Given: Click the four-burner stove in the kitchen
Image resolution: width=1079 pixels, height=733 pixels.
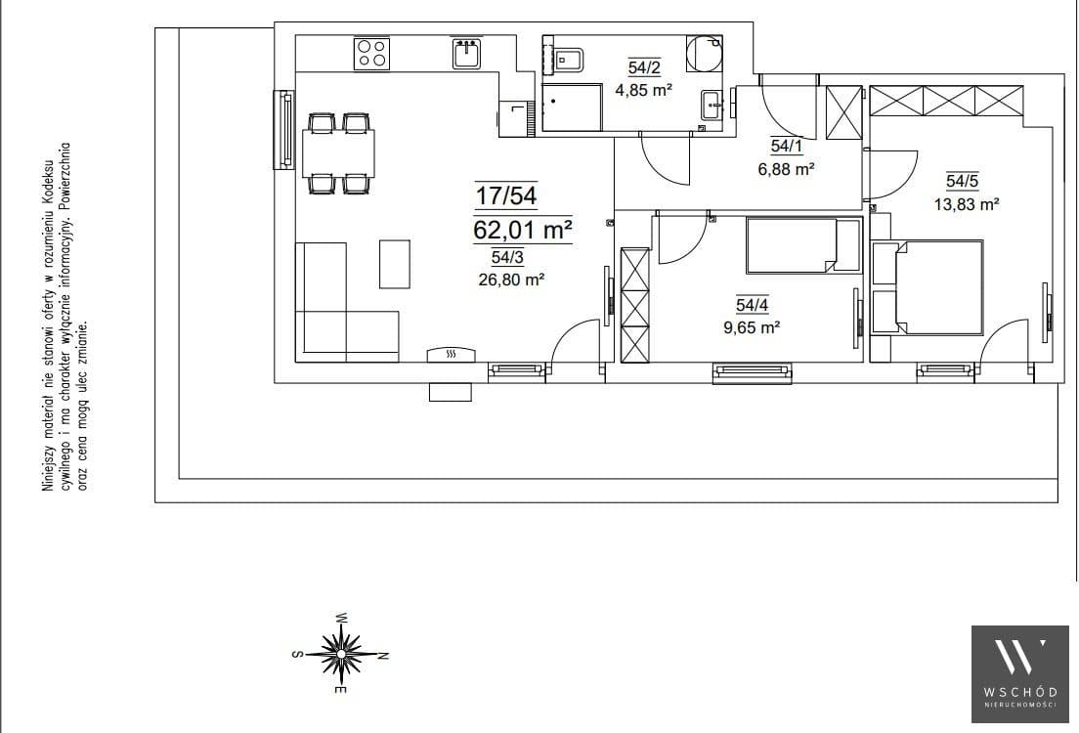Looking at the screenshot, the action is pyautogui.click(x=371, y=54).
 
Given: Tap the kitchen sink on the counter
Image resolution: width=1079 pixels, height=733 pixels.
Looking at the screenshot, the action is pyautogui.click(x=467, y=53).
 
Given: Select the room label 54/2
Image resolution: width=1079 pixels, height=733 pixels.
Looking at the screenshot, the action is pyautogui.click(x=644, y=67).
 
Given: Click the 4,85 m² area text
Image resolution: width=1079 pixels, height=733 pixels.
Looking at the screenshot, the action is pyautogui.click(x=643, y=90).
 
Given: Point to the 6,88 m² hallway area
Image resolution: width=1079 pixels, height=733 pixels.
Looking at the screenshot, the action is pyautogui.click(x=786, y=168).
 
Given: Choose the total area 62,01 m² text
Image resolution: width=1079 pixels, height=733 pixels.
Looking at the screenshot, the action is pyautogui.click(x=523, y=230).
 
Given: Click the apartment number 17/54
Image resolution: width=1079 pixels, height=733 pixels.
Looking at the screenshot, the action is pyautogui.click(x=506, y=195).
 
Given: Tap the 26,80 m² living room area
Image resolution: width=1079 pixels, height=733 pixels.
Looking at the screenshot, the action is pyautogui.click(x=511, y=280).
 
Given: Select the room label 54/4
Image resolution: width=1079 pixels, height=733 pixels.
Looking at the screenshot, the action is pyautogui.click(x=753, y=305).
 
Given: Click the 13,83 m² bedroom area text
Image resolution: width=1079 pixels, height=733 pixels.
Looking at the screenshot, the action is pyautogui.click(x=967, y=203).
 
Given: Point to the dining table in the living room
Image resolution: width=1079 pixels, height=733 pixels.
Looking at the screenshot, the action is pyautogui.click(x=338, y=153).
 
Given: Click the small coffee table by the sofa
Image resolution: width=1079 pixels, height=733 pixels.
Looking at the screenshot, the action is pyautogui.click(x=394, y=264).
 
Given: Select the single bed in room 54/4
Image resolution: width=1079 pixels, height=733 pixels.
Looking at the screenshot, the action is pyautogui.click(x=803, y=245).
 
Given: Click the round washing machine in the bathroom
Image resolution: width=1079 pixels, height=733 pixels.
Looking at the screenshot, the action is pyautogui.click(x=704, y=54).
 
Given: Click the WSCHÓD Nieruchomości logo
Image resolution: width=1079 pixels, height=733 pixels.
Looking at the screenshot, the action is pyautogui.click(x=1019, y=673).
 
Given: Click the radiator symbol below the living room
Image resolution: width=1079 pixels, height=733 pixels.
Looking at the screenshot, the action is pyautogui.click(x=451, y=354).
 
